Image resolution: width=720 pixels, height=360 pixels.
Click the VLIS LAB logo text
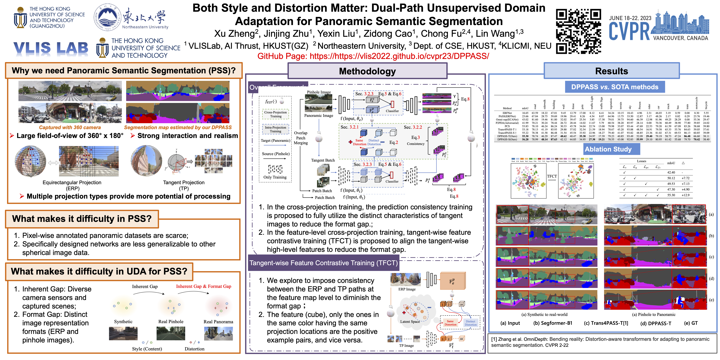point(51,48)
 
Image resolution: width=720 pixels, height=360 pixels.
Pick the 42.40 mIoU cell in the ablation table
point(671,172)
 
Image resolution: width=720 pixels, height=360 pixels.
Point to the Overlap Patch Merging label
point(301,138)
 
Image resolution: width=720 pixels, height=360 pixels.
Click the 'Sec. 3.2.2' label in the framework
point(413,127)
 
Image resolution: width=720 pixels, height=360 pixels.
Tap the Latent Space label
point(410,322)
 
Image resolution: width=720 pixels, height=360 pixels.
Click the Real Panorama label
point(218,322)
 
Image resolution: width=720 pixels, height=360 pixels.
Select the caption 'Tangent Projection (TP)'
point(184,185)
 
